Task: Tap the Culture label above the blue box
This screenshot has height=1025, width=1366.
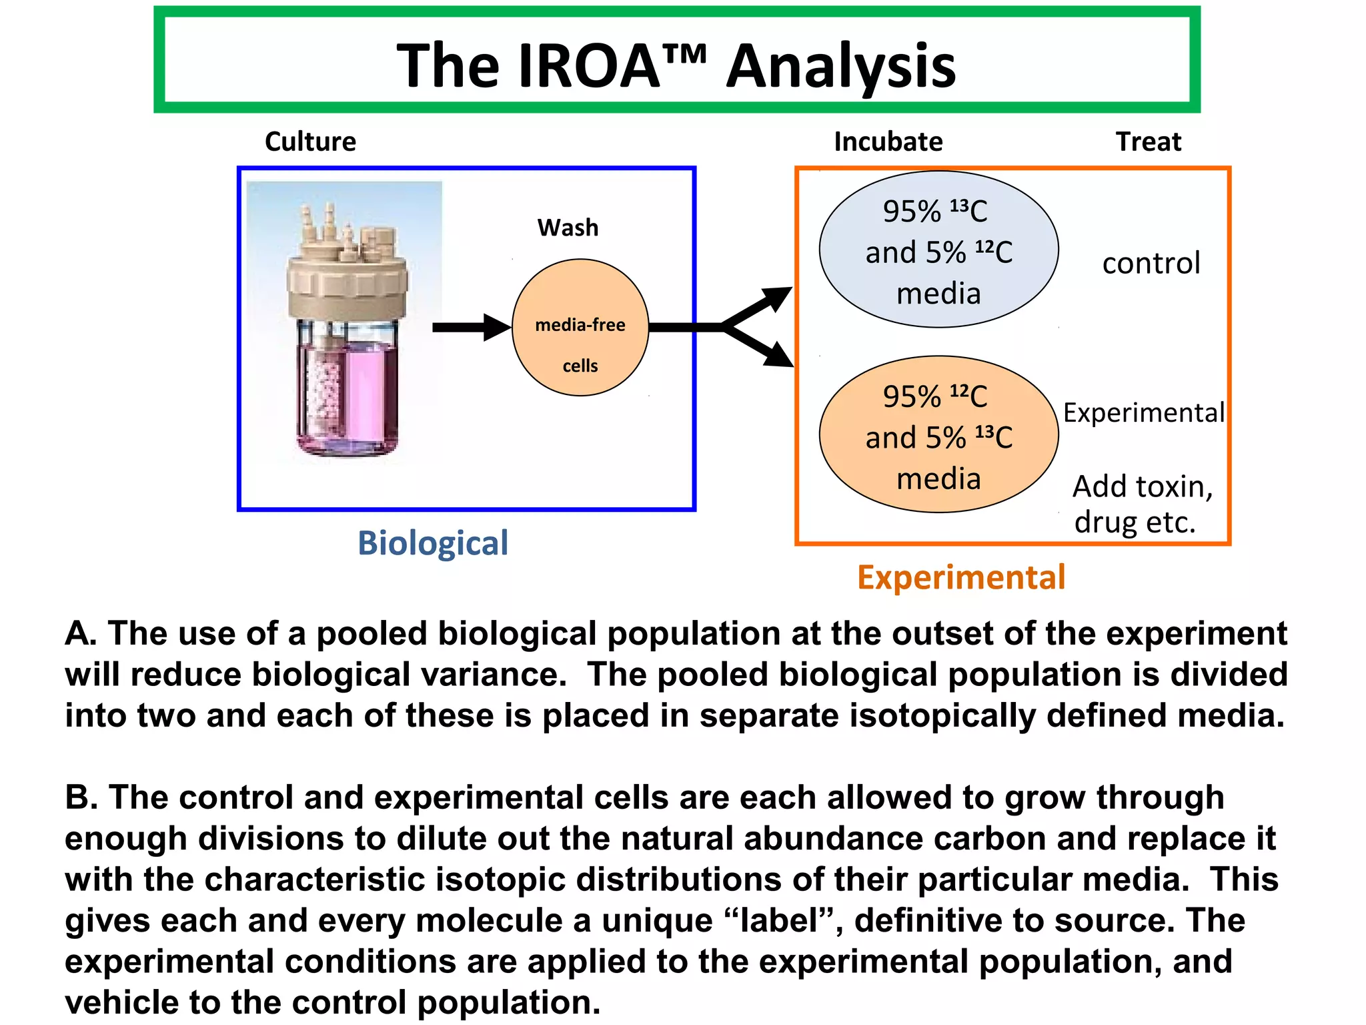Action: [310, 141]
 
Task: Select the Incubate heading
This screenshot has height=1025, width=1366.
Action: [888, 141]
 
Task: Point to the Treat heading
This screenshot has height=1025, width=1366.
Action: [1149, 141]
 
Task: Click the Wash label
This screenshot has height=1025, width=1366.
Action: [568, 228]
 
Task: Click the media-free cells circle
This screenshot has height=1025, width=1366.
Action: [580, 328]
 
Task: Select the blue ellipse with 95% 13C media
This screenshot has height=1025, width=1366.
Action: [938, 250]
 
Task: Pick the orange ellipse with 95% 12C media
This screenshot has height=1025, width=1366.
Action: [938, 434]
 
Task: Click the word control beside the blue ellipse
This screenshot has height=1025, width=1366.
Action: [1151, 263]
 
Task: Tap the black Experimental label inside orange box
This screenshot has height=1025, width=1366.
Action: [1143, 412]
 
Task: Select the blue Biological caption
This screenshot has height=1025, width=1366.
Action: [432, 543]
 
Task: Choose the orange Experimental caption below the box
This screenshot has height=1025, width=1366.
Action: [961, 577]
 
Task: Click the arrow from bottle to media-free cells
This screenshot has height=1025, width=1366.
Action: [470, 327]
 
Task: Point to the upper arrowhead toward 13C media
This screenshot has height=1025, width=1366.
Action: [778, 298]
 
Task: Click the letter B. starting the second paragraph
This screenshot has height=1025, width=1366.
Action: [81, 797]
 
